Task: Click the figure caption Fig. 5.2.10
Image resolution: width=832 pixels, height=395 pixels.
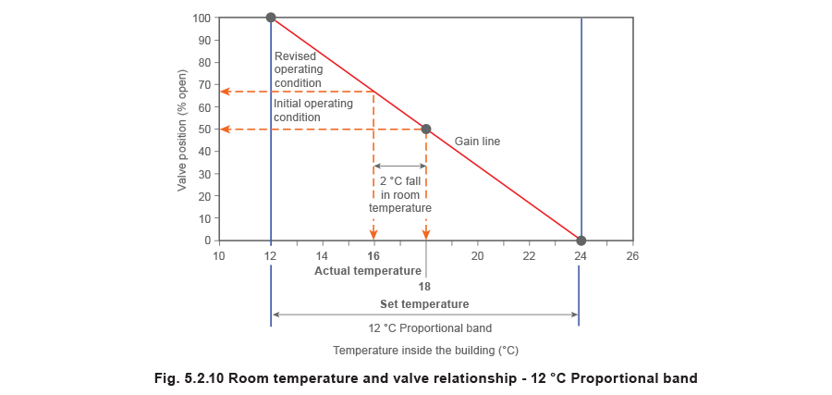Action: [x=424, y=377]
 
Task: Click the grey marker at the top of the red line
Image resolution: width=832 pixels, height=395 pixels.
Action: [x=272, y=18]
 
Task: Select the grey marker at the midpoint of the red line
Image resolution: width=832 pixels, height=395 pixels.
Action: [x=426, y=130]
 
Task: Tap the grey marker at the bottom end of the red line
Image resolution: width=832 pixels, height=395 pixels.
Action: [x=581, y=241]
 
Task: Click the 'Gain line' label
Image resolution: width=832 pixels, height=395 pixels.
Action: [x=477, y=142]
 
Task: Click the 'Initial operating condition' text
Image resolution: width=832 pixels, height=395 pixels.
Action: [x=312, y=110]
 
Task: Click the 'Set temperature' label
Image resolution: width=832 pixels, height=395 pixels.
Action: [x=425, y=303]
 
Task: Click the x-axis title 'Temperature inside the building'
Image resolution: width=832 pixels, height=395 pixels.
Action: [x=426, y=352]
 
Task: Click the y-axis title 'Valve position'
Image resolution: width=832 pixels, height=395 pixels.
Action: [x=184, y=130]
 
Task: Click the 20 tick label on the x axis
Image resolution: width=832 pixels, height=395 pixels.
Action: [x=478, y=255]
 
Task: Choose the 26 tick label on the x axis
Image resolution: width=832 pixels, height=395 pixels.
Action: [x=632, y=255]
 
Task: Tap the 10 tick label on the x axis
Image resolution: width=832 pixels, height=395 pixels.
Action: [x=219, y=255]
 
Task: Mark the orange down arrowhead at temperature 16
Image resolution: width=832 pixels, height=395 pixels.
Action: [x=373, y=234]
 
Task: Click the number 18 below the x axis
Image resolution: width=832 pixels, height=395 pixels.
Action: [x=425, y=286]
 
